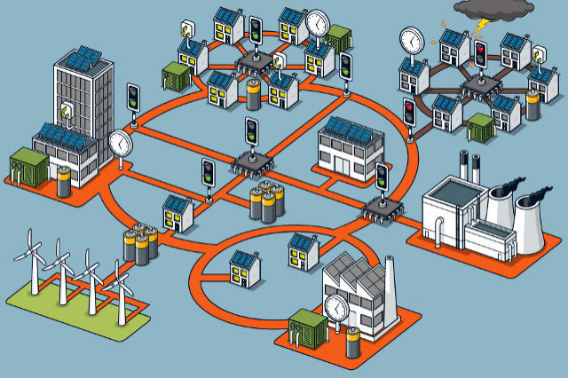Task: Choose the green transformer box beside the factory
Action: [x=307, y=328]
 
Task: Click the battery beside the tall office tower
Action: [x=63, y=180]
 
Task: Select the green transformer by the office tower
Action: [x=28, y=166]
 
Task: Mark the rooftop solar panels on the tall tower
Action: [x=83, y=58]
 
